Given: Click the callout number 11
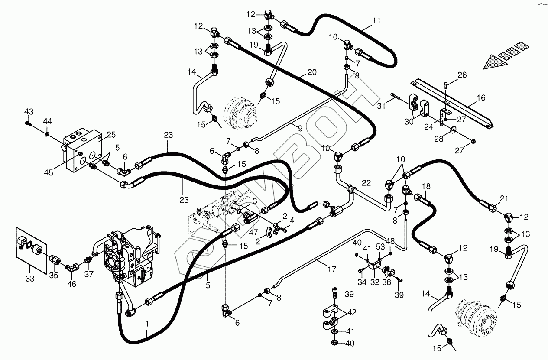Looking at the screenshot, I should coord(376,20).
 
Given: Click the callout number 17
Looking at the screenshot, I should coord(332,269).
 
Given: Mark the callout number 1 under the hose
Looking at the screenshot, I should coord(147,323).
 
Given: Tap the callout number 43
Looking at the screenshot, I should coord(29,112).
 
